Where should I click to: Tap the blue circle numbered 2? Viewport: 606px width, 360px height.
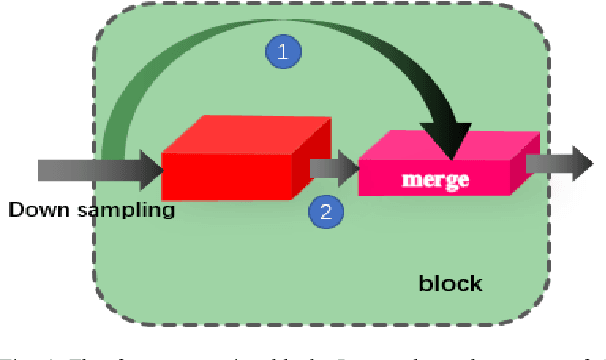coord(323,211)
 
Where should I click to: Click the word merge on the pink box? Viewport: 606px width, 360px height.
coord(435,182)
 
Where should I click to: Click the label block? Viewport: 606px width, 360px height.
coord(449,283)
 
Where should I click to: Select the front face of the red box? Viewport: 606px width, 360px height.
coord(228,176)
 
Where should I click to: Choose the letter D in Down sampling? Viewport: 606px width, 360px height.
coord(14,211)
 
